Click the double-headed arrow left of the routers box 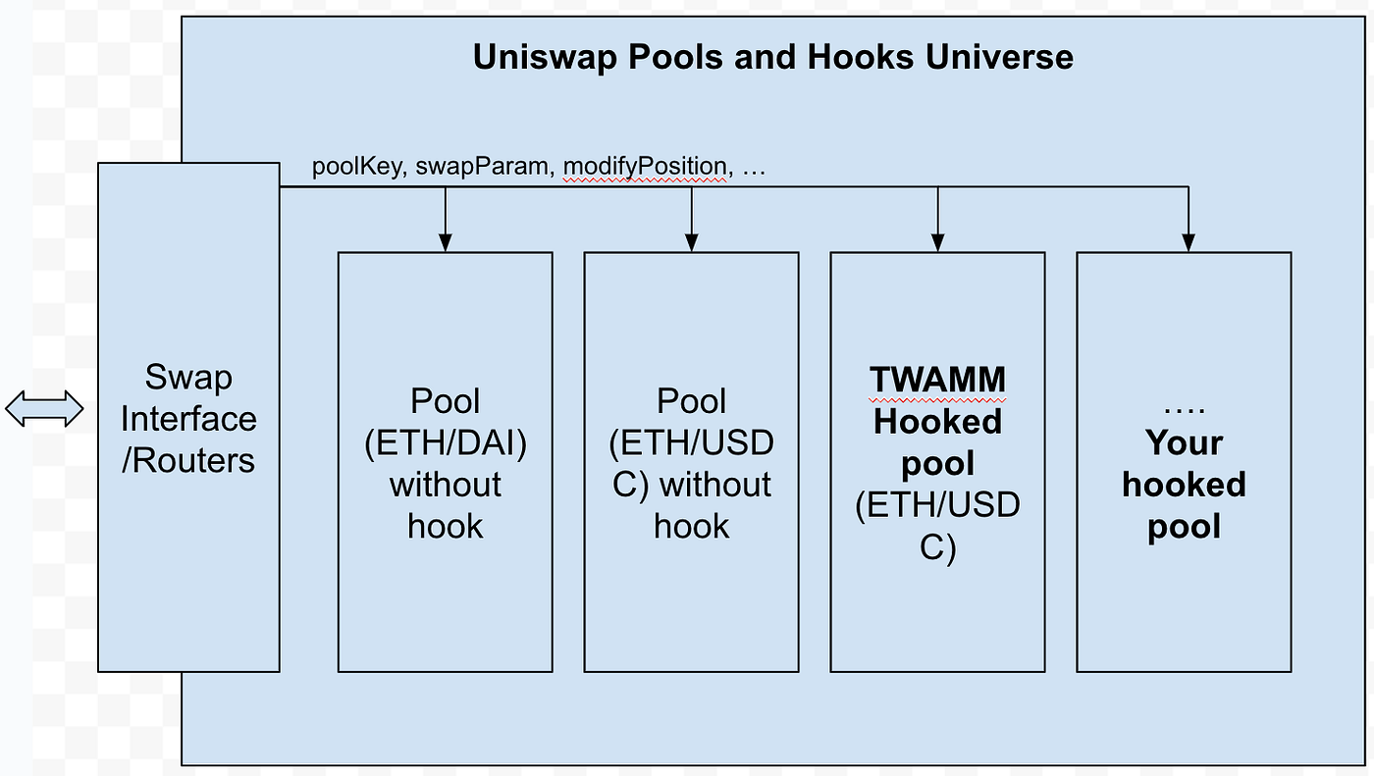click(x=44, y=408)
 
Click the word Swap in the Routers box click(x=188, y=378)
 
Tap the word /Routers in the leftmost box click(x=188, y=460)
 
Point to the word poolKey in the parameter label click(x=356, y=167)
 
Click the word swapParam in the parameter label click(x=481, y=167)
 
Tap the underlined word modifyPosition click(x=644, y=167)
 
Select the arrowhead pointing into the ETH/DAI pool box click(x=446, y=242)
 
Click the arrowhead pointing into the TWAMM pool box click(x=938, y=242)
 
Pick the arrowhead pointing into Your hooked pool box click(x=1189, y=242)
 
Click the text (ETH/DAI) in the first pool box click(x=446, y=443)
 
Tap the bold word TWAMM click(x=938, y=380)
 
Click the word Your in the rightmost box click(x=1184, y=443)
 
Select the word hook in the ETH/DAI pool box click(x=446, y=527)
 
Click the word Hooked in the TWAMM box click(x=938, y=422)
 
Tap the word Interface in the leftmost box click(x=188, y=419)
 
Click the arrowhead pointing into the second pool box click(x=692, y=242)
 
